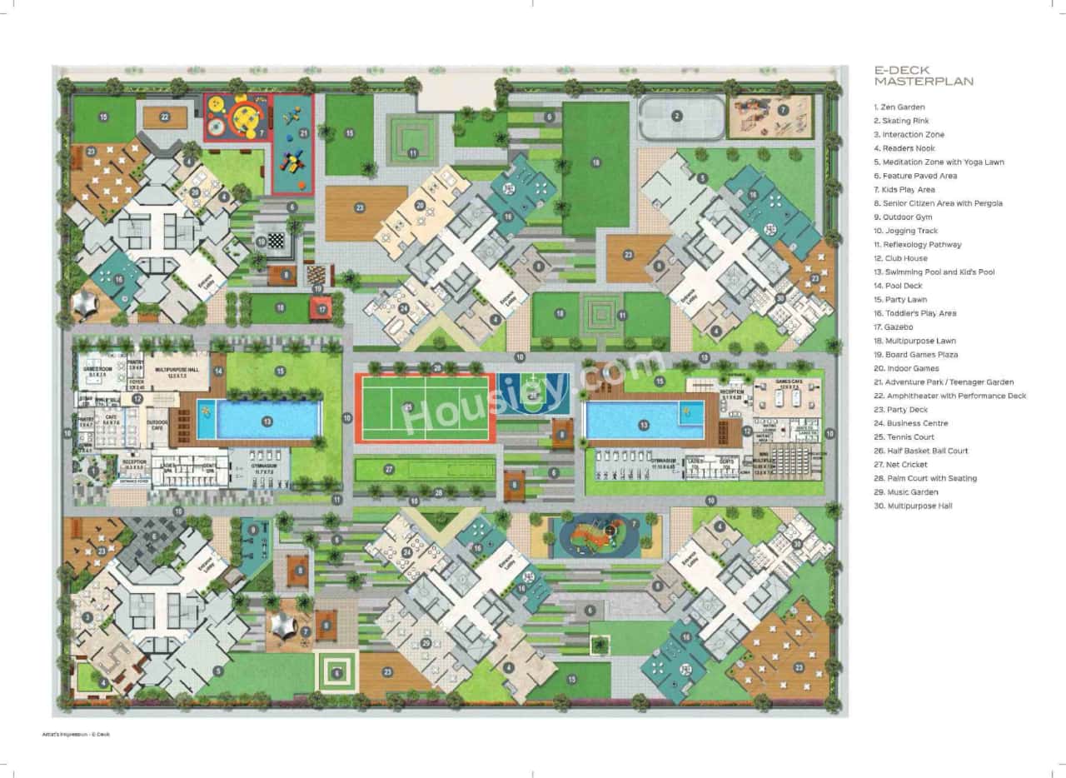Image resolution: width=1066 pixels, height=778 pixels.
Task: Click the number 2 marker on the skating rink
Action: tap(677, 116)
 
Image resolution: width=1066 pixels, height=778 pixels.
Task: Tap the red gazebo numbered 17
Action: tap(323, 309)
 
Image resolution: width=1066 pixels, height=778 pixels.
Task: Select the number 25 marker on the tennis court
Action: tap(408, 406)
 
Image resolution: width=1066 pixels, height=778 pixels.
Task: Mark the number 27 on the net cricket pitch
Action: tap(388, 470)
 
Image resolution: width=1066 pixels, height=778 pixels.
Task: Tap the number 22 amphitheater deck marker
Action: tap(165, 117)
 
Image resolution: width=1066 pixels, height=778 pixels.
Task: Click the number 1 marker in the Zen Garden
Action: tap(92, 471)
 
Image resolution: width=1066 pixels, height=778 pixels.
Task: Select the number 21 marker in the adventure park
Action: tap(303, 133)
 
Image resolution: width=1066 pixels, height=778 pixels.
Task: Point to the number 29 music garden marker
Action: tap(426, 642)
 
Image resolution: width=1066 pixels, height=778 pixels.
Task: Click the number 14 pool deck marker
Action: tap(218, 370)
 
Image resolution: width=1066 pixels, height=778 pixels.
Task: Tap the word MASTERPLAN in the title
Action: tap(924, 82)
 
